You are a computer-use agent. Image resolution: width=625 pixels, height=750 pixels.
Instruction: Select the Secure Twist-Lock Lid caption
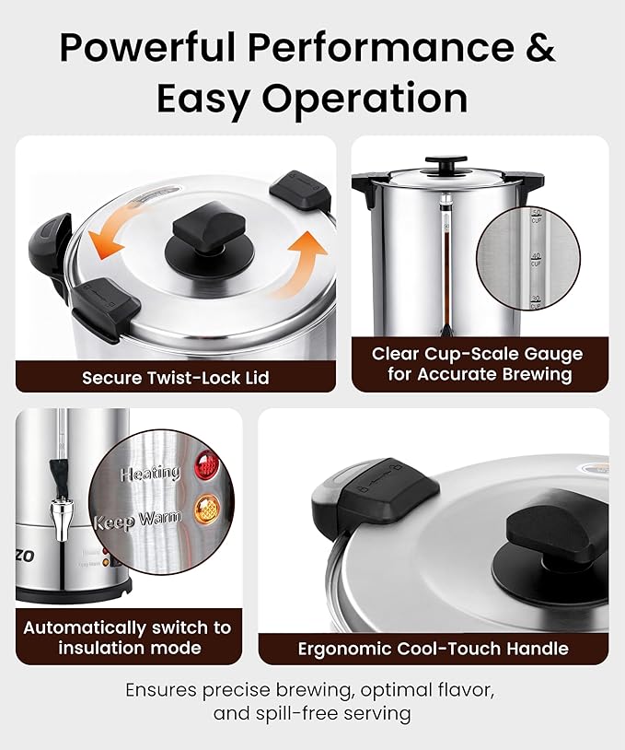(175, 378)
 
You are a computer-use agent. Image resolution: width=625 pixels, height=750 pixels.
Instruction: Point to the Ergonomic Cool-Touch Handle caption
(433, 649)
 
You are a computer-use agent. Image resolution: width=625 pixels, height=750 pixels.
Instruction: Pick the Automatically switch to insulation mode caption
(128, 638)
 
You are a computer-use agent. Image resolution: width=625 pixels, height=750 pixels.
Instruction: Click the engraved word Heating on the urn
(150, 474)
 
